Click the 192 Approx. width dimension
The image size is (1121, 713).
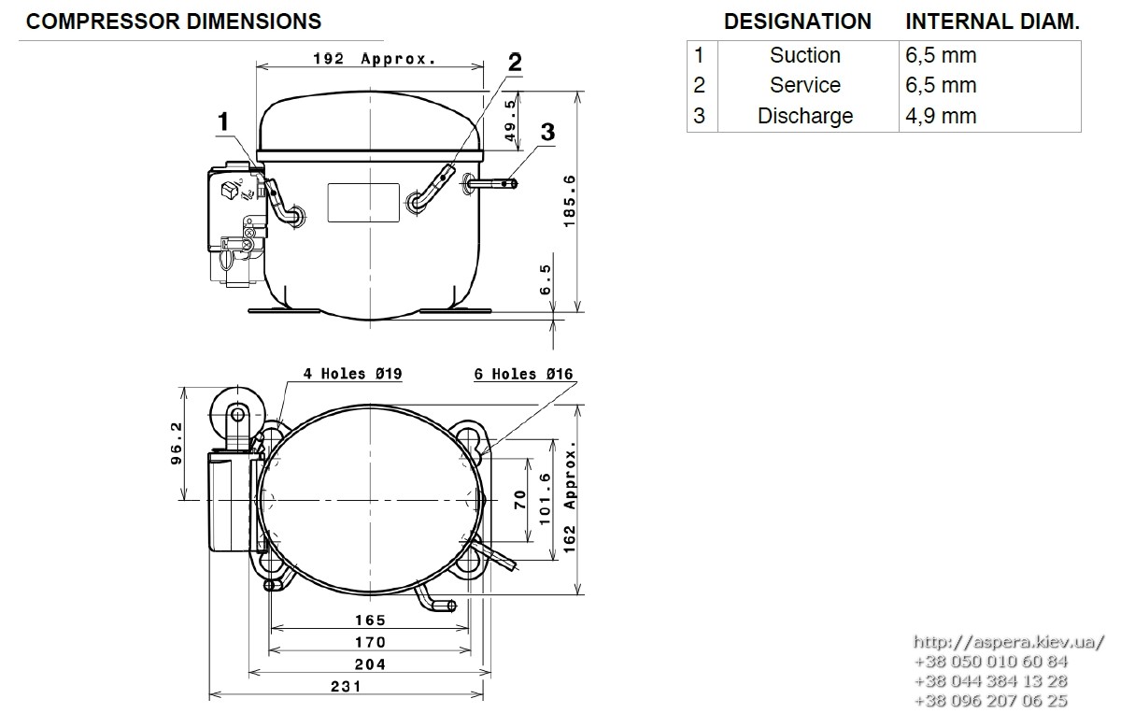375,59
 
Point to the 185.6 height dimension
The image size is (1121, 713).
570,201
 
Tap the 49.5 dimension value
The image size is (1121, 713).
510,121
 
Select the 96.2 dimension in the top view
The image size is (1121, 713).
177,444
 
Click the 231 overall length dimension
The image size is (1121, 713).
346,686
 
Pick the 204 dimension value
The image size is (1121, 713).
370,664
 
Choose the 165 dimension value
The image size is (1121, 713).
370,620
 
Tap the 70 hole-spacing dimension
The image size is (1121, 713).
520,500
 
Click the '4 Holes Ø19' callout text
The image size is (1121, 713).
352,374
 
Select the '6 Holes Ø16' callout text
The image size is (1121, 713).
523,374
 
